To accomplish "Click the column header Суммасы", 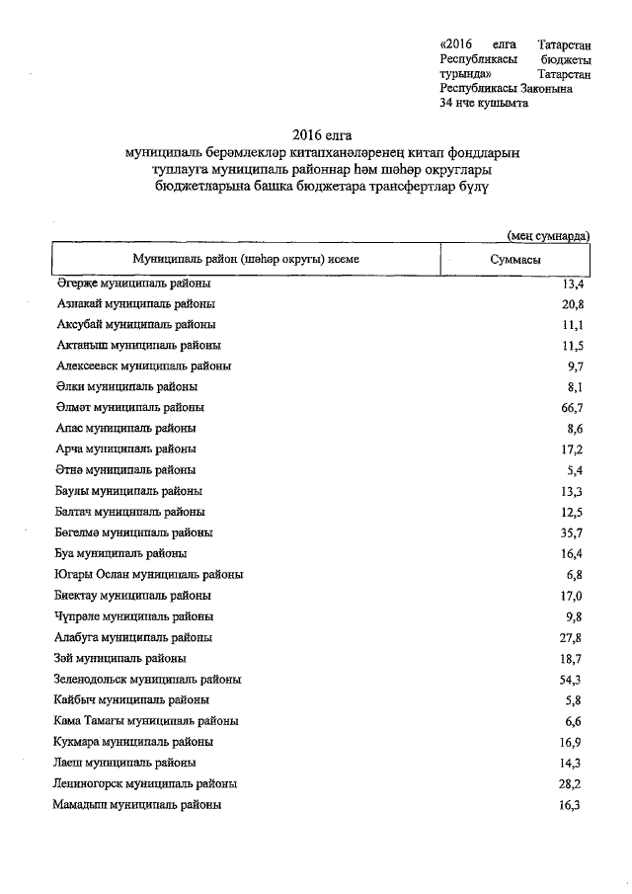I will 514,259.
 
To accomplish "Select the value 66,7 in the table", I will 571,408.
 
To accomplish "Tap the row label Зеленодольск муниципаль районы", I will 149,680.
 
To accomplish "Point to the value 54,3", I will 571,680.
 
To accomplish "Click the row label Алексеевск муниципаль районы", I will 144,366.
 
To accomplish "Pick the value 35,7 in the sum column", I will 571,533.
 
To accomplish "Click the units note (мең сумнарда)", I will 548,235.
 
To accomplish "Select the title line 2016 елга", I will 322,134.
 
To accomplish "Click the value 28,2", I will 571,784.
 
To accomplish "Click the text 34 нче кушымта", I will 484,104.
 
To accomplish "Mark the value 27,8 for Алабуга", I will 571,638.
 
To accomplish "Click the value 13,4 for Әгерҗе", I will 571,284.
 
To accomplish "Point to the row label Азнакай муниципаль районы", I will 136,303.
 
